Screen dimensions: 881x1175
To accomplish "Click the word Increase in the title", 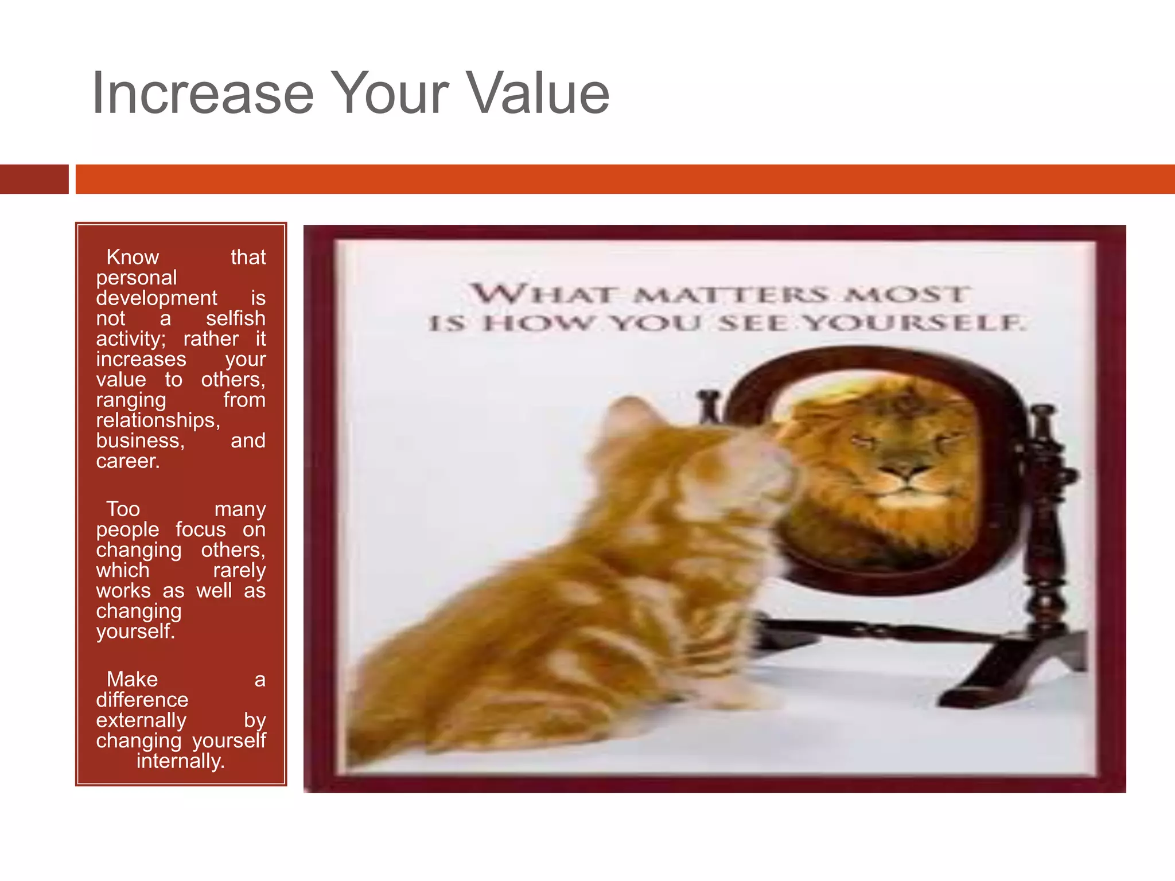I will point(203,93).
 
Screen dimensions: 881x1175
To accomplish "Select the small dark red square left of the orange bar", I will point(34,179).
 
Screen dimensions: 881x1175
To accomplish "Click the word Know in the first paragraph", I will point(133,257).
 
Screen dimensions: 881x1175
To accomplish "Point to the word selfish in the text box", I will point(235,318).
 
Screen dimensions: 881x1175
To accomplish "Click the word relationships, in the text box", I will point(158,420).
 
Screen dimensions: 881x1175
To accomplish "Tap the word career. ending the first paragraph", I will point(127,461).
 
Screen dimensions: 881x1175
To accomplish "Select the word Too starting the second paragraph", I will point(123,509).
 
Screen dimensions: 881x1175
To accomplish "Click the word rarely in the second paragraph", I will point(239,570).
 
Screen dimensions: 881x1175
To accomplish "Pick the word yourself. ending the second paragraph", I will point(135,631).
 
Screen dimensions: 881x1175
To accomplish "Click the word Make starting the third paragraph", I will point(132,680).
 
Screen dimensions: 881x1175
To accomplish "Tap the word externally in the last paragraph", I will point(141,720).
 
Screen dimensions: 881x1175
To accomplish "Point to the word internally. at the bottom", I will point(181,761).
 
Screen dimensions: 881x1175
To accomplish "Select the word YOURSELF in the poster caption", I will point(912,323).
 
